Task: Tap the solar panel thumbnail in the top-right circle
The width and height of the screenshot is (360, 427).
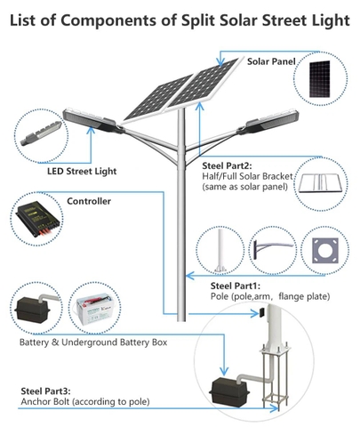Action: pos(323,77)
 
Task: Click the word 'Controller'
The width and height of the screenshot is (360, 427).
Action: pos(90,202)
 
